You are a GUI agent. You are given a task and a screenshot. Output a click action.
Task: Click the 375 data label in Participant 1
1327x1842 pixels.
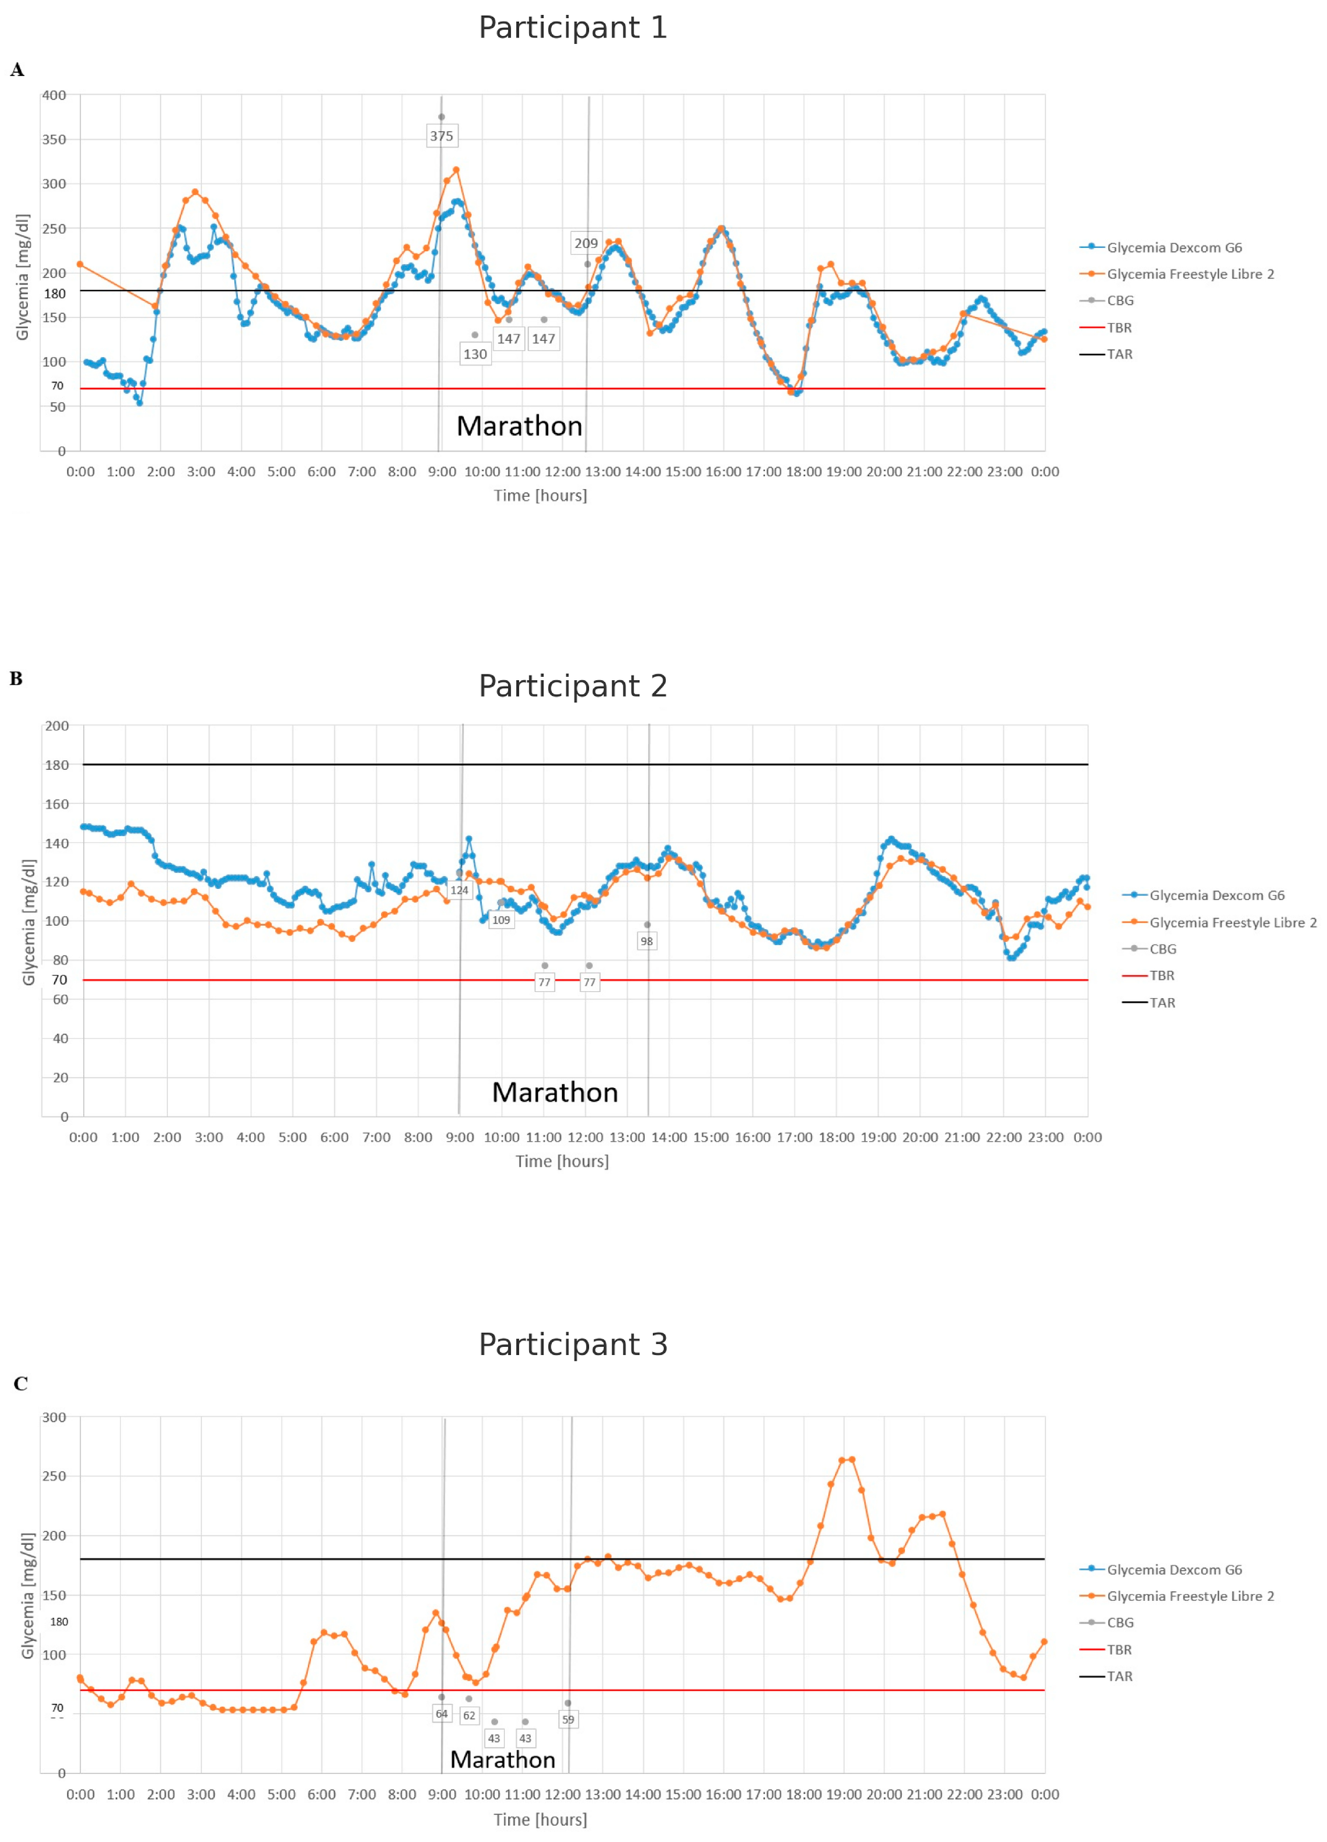coord(441,136)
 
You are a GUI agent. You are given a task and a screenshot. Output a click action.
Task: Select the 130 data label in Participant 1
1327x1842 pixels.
coord(475,354)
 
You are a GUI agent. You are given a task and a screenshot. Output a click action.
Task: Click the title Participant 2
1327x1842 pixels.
coord(572,686)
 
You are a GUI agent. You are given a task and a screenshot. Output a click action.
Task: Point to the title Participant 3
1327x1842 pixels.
coord(572,1344)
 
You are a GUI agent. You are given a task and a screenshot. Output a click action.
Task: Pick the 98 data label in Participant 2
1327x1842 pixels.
coord(646,941)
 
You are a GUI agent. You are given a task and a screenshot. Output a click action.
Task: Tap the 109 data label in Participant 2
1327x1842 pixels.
coord(501,920)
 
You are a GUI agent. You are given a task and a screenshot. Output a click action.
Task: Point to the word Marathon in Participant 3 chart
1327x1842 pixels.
coord(503,1760)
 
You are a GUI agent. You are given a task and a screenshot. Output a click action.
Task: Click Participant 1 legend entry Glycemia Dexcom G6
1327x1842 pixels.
coord(1174,248)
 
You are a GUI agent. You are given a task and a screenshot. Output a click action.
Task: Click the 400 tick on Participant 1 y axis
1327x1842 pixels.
coord(55,95)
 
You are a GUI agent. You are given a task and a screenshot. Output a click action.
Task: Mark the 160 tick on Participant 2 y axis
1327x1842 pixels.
coord(57,804)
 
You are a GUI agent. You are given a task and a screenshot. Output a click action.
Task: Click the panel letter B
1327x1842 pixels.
coord(16,679)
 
